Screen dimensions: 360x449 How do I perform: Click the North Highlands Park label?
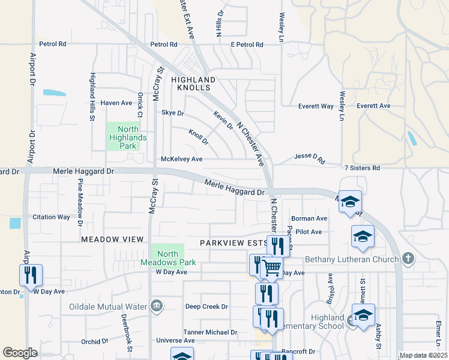[x=124, y=137]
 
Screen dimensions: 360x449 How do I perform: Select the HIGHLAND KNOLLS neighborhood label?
[x=193, y=83]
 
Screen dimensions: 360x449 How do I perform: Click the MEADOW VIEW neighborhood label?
[x=112, y=239]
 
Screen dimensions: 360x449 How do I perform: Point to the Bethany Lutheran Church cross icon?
[x=408, y=259]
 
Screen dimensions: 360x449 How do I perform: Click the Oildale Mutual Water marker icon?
[x=157, y=307]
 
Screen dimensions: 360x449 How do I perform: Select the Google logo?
[x=20, y=352]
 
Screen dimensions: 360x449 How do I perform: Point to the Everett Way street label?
[x=316, y=106]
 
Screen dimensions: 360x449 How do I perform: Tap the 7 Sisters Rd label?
[x=363, y=169]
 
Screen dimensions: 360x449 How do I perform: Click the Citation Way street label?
[x=51, y=217]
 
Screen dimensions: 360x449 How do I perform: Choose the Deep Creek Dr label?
[x=206, y=307]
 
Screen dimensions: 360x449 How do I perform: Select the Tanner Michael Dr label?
[x=210, y=332]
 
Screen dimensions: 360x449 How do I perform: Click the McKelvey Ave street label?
[x=181, y=159]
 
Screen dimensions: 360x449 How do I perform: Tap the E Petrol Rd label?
[x=247, y=44]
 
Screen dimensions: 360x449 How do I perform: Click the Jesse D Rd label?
[x=309, y=158]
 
